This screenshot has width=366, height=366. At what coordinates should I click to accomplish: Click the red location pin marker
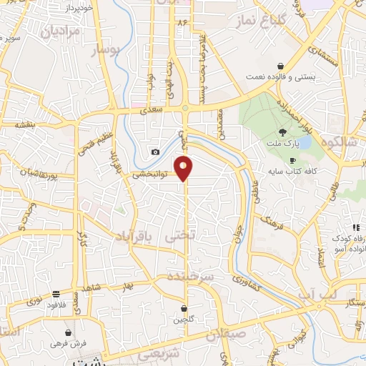coord(184,167)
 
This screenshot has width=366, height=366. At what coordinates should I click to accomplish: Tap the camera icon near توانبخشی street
coord(155,152)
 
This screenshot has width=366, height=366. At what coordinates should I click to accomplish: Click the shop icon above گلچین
coord(184,309)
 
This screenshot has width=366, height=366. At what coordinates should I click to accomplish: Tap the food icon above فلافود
coord(56,294)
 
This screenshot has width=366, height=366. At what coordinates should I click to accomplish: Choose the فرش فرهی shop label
coord(68,343)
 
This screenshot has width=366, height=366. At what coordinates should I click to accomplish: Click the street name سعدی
coord(152,109)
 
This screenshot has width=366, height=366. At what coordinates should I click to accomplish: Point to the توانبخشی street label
coord(150,174)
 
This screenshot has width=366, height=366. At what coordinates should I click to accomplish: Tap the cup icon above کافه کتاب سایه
coord(291,160)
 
